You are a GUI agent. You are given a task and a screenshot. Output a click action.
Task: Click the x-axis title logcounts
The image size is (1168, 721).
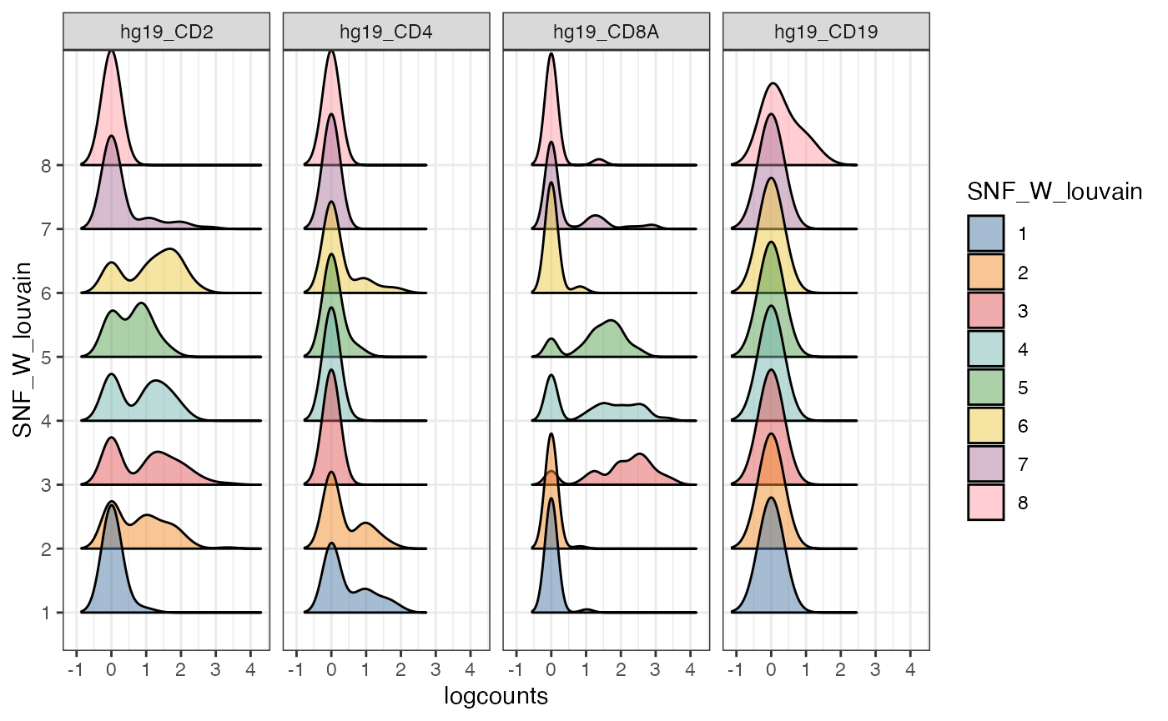click(x=496, y=697)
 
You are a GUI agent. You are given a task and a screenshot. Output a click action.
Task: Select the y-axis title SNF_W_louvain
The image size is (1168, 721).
click(x=25, y=348)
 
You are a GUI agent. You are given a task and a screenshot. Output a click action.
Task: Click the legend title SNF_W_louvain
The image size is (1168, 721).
click(x=1054, y=193)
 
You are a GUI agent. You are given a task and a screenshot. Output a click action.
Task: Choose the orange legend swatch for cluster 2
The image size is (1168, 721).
click(x=986, y=273)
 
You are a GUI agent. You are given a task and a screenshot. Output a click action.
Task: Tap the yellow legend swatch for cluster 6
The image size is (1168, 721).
click(x=986, y=426)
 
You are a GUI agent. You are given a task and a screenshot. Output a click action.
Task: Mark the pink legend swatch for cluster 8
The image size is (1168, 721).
click(x=986, y=503)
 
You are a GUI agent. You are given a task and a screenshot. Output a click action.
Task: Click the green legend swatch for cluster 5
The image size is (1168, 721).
click(x=986, y=388)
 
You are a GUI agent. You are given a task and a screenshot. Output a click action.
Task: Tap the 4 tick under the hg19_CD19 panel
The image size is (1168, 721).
click(x=910, y=668)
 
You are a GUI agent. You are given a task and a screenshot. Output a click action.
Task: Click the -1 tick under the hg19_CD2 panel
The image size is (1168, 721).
click(x=75, y=668)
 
